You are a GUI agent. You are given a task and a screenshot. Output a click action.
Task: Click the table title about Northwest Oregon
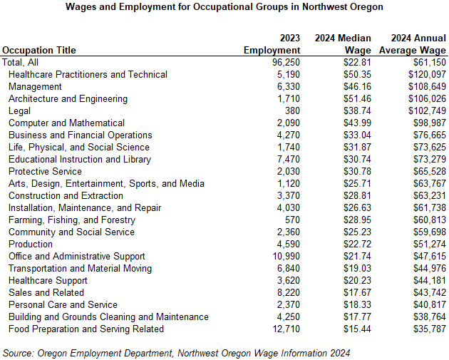[224, 7]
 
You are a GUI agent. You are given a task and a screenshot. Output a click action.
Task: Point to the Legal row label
[19, 111]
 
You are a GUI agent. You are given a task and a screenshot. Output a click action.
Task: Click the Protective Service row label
[45, 172]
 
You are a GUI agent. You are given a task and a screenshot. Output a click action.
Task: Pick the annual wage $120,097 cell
[425, 75]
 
